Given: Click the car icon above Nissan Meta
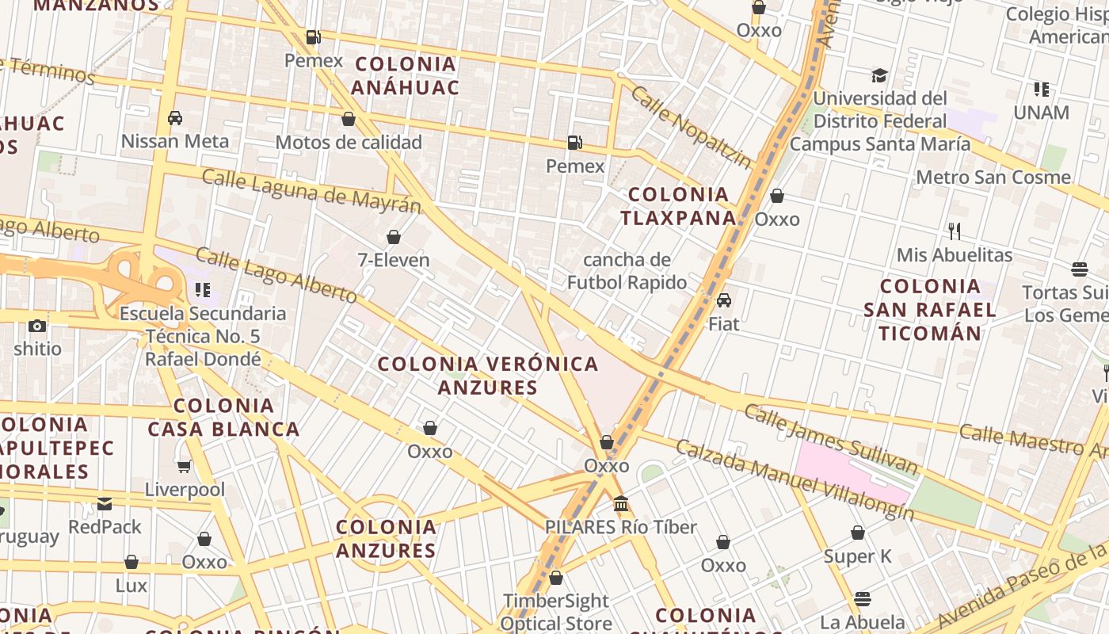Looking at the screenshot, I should click(x=175, y=118).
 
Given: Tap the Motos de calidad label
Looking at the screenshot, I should click(x=348, y=143).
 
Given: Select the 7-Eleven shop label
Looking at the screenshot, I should click(x=394, y=260).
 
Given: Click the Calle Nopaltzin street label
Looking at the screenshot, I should click(x=691, y=127).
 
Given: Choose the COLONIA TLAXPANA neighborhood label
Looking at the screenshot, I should click(x=677, y=206).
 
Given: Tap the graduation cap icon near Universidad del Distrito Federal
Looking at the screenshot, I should click(x=879, y=75).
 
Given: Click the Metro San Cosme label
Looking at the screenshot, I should click(x=993, y=177).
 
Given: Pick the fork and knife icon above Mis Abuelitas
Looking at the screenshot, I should click(x=955, y=231).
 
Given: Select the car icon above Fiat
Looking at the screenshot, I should click(x=723, y=300).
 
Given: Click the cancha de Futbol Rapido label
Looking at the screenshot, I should click(x=627, y=271).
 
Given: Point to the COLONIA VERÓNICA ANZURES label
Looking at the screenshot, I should click(x=488, y=376).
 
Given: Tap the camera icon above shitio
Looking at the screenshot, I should click(x=36, y=326).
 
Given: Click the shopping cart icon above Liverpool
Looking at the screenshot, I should click(x=184, y=467).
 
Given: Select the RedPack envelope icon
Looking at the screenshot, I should click(x=105, y=503).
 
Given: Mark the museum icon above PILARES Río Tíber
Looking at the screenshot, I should click(x=621, y=504).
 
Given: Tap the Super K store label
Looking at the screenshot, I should click(x=857, y=556).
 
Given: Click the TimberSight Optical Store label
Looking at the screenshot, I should click(x=555, y=612).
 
